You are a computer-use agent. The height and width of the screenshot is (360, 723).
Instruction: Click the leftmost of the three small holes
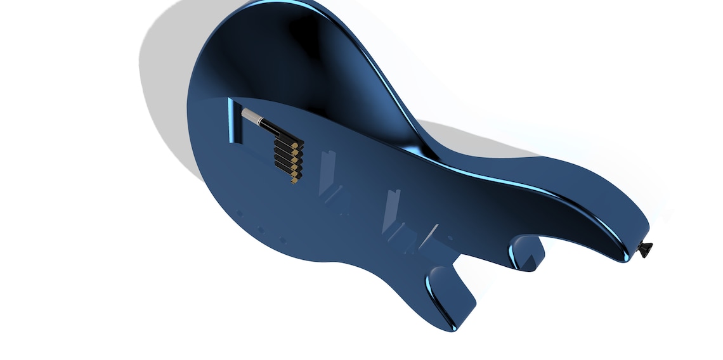pyautogui.click(x=238, y=213)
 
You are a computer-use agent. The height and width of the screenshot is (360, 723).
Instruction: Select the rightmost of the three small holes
pyautogui.click(x=282, y=241)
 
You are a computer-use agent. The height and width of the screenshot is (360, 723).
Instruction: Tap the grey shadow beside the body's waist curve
pyautogui.click(x=457, y=136)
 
